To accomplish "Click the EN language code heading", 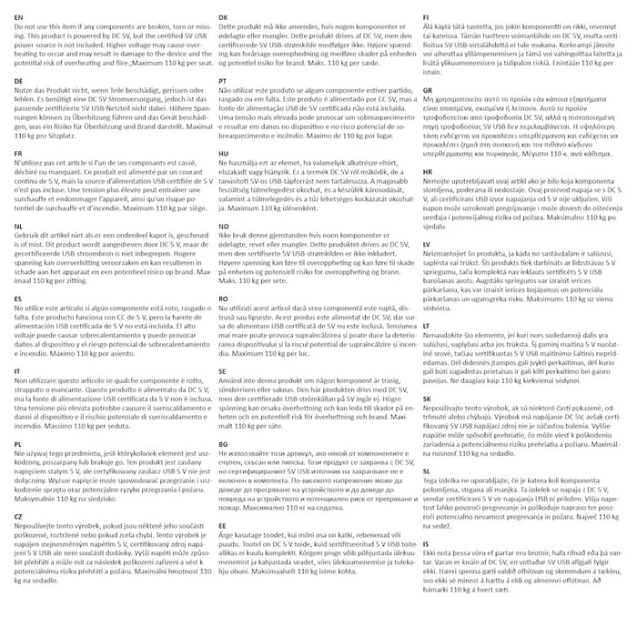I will point(20,17).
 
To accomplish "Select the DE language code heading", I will point(20,82).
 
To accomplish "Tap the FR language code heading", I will point(20,156).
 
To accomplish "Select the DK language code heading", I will point(224,17).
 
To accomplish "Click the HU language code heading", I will point(224,156).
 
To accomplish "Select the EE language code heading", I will point(223,525).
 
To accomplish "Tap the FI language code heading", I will point(426,17).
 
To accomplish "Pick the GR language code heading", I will point(428,91).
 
